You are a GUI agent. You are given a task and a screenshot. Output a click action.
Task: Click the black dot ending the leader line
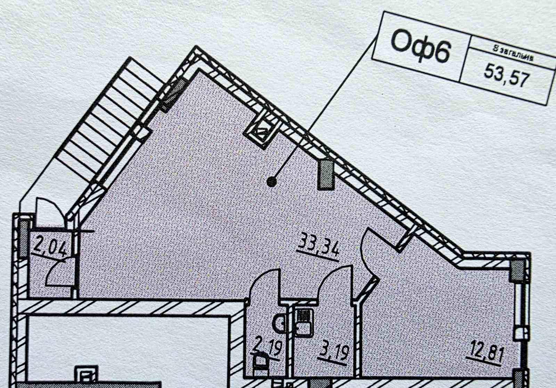point(272,181)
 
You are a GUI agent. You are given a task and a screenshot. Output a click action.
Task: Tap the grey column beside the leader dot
point(326,174)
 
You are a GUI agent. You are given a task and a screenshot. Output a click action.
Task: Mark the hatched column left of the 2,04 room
point(24,240)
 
